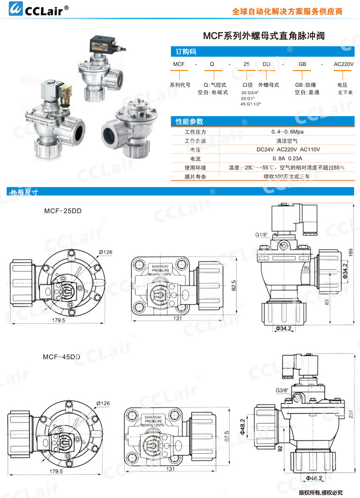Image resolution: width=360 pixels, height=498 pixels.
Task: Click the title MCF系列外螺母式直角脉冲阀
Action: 264,36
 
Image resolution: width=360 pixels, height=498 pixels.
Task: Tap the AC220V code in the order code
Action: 344,64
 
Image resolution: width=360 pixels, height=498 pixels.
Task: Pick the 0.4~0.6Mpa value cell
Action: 287,132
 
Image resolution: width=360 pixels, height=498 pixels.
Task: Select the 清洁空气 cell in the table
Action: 287,141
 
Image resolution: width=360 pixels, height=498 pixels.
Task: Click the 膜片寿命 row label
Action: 195,177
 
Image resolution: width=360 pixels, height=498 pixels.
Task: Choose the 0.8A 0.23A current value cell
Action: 287,158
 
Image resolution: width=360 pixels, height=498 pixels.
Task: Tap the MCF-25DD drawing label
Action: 63,211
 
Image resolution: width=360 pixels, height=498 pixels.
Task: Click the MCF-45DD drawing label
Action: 62,357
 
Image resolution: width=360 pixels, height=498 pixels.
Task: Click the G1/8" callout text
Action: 261,235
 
